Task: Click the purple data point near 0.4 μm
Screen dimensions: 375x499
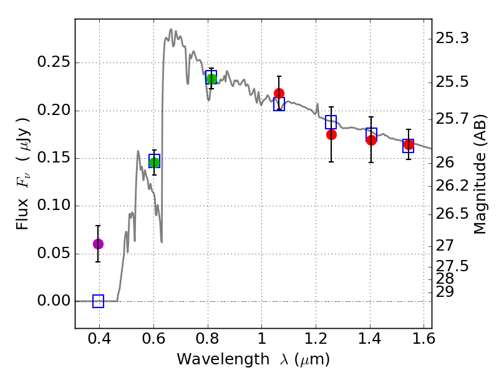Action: point(98,244)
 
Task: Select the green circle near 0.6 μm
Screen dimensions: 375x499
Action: point(154,163)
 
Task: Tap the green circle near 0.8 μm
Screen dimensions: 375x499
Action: point(211,79)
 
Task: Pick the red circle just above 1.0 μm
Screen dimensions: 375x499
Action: point(279,93)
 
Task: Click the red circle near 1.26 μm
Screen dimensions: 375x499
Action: point(331,134)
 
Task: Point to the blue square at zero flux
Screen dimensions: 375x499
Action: point(98,301)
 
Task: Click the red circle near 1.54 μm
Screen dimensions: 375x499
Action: point(409,144)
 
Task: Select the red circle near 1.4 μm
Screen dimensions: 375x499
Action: point(371,140)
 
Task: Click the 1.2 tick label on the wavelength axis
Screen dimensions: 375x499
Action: point(316,341)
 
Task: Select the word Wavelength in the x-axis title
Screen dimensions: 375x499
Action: point(212,359)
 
